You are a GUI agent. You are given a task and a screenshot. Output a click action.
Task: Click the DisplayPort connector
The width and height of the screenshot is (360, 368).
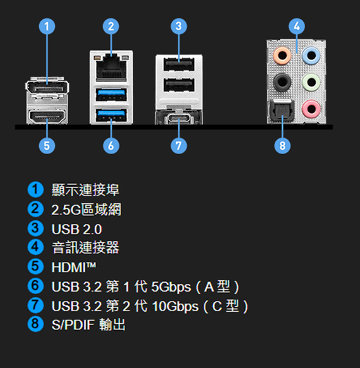coord(47,88)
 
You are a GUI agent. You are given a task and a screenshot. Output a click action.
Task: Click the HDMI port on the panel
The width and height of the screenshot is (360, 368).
coord(47,116)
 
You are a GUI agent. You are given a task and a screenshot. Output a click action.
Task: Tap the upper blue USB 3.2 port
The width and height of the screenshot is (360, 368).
coord(111,95)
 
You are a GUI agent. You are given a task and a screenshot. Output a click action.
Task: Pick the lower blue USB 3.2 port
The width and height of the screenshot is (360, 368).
coord(111,115)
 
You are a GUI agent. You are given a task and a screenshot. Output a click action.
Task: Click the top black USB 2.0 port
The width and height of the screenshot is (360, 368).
coord(179,64)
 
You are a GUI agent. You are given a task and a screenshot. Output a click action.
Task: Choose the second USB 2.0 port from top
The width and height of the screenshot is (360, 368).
coord(179,85)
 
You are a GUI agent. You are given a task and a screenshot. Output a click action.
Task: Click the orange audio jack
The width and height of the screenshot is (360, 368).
coord(282,56)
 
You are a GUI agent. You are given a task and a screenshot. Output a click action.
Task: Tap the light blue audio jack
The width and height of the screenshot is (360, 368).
coord(311,56)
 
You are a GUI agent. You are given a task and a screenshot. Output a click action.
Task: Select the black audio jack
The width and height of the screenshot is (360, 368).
coord(282,82)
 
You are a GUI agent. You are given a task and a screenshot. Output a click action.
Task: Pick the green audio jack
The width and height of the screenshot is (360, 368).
coord(311,82)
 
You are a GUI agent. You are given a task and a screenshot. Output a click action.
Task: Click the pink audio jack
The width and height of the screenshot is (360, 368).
coord(311,109)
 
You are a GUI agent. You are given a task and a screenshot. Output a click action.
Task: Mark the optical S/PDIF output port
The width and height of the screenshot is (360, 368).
coord(282,110)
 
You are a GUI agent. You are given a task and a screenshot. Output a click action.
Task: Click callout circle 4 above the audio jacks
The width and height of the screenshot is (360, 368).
coord(297,27)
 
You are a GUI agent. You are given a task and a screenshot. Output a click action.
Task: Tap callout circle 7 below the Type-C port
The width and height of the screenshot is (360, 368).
coord(179,146)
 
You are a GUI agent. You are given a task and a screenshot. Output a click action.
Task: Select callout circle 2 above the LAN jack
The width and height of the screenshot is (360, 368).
coord(111,27)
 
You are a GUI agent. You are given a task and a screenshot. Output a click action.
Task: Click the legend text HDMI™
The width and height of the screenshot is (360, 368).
coord(74,267)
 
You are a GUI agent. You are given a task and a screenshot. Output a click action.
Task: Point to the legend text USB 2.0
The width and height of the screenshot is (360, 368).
coord(76,229)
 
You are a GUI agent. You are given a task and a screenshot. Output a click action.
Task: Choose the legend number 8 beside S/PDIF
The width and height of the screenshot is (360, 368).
coord(35,324)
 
